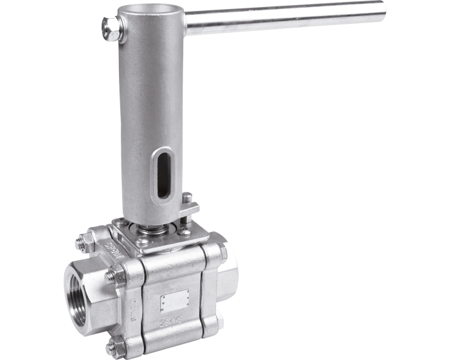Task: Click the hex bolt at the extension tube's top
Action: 113,29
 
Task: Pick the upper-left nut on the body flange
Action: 84,243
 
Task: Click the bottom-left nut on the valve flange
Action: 116,348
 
